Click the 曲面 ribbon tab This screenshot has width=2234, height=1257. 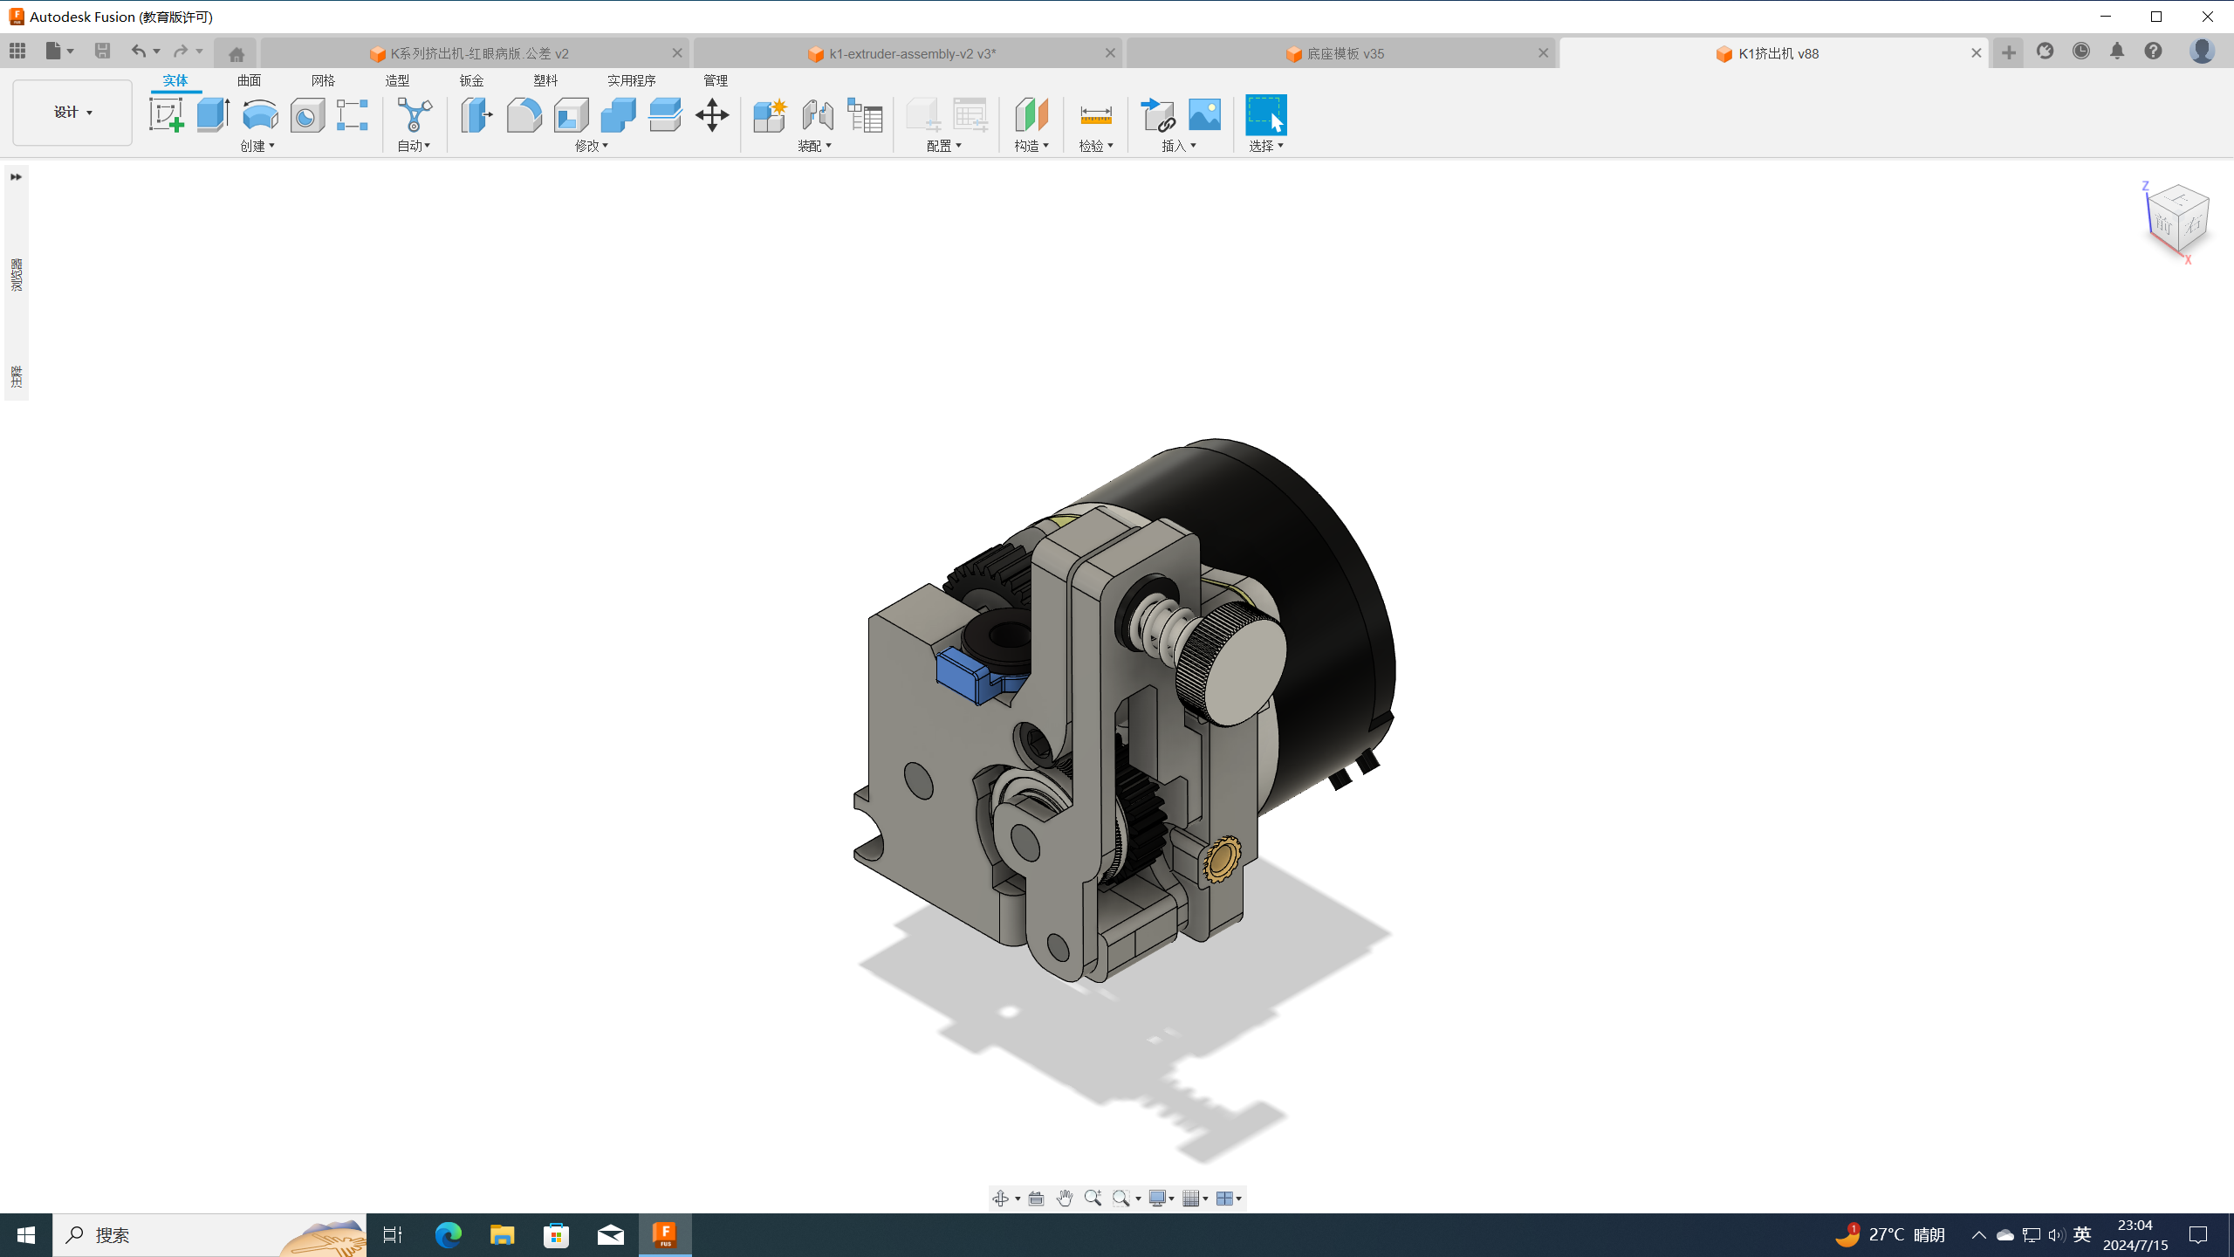[x=249, y=80]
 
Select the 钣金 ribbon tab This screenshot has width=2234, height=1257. [x=471, y=80]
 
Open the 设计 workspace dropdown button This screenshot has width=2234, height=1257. [x=72, y=113]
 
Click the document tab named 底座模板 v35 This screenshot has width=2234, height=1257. [x=1344, y=53]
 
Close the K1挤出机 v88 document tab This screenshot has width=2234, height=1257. [x=1976, y=53]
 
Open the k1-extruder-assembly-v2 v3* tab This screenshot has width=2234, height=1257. [x=911, y=53]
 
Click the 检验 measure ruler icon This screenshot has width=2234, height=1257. [x=1095, y=115]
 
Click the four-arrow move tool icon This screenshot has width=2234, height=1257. [x=712, y=115]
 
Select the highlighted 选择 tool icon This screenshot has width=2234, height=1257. [x=1265, y=115]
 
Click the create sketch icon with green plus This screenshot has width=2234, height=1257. [x=166, y=115]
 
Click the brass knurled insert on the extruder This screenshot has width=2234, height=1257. [x=1222, y=858]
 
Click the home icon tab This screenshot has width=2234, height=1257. [x=236, y=53]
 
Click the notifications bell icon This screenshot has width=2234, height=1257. [x=2116, y=52]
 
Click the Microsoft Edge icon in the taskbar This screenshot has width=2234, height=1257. [x=448, y=1234]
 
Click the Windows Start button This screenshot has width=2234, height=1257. [x=26, y=1234]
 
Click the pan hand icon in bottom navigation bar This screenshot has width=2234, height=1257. [x=1064, y=1199]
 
